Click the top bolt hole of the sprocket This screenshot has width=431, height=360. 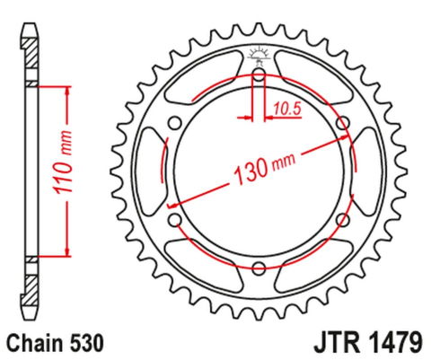pyautogui.click(x=259, y=75)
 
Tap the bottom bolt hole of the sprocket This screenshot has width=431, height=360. pyautogui.click(x=259, y=267)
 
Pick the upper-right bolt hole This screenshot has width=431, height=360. pyautogui.click(x=341, y=123)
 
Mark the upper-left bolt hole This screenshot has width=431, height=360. pyautogui.click(x=176, y=123)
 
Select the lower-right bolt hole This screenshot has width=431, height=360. pyautogui.click(x=341, y=219)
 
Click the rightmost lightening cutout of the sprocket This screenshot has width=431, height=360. pyautogui.click(x=366, y=171)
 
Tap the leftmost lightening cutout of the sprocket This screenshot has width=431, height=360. pyautogui.click(x=151, y=171)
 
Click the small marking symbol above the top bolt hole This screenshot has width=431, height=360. pyautogui.click(x=259, y=54)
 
